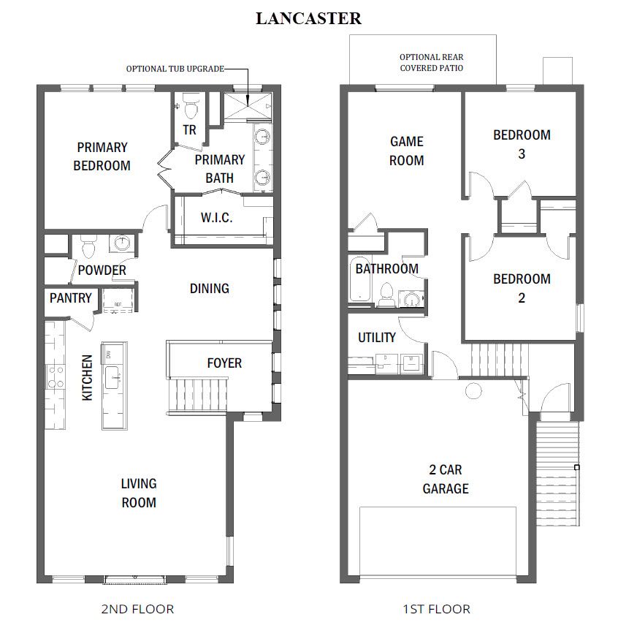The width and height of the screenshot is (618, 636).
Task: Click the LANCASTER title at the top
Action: click(308, 19)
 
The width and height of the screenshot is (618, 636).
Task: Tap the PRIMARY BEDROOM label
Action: click(102, 156)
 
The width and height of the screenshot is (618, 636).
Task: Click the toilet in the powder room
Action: click(88, 247)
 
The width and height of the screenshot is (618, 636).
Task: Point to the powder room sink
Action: click(121, 243)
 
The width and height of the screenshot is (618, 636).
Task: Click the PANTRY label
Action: click(71, 298)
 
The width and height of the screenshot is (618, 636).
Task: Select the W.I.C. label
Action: click(216, 218)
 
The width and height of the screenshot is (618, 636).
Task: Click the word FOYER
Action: click(224, 363)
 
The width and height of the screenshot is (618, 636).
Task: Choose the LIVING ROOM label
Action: click(138, 493)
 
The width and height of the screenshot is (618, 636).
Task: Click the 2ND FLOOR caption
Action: click(138, 608)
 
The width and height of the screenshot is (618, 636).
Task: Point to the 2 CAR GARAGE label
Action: click(445, 479)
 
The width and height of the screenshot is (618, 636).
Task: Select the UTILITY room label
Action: click(376, 338)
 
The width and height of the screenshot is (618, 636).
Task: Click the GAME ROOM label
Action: click(406, 151)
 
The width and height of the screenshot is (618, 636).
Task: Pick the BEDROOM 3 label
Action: click(522, 144)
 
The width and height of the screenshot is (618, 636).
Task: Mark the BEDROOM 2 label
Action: click(522, 288)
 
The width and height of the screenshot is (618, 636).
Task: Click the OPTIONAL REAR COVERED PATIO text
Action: click(431, 62)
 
